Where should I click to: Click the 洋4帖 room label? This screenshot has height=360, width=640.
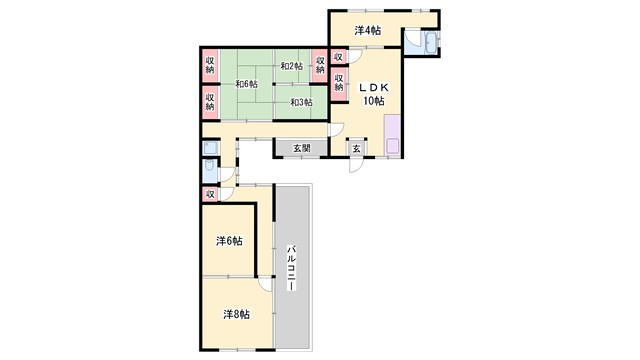coord(366,30)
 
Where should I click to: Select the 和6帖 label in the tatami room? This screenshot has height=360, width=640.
coord(246,85)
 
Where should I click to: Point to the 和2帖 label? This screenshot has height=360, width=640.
coord(291,66)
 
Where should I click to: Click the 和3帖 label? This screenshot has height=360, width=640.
coord(301,102)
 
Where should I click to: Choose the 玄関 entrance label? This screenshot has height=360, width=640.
coord(301,148)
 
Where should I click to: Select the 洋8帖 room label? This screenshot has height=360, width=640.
coord(236,314)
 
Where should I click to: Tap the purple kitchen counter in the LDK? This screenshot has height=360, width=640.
coord(391,135)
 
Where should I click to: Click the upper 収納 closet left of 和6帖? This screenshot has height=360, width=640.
coord(211,65)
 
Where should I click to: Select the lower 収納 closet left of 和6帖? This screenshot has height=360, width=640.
coord(211,100)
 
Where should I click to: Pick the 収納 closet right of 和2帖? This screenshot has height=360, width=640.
coord(321,65)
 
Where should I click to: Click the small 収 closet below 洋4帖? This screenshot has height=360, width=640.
coord(339,57)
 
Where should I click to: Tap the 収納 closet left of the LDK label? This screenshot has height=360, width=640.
coord(339,83)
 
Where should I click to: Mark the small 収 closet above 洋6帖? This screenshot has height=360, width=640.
coord(210,194)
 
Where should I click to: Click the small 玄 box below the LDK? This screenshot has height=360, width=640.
coord(357,148)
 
